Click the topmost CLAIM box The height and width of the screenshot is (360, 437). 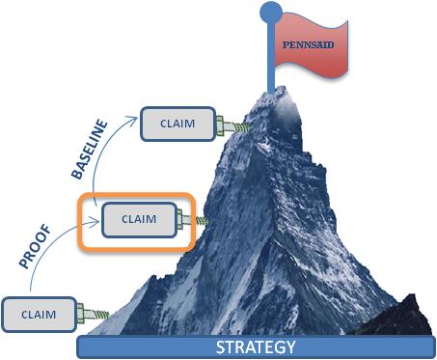coord(178,124)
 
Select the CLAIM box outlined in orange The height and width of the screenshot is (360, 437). coord(139,218)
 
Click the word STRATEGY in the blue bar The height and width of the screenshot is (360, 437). coord(256,346)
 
